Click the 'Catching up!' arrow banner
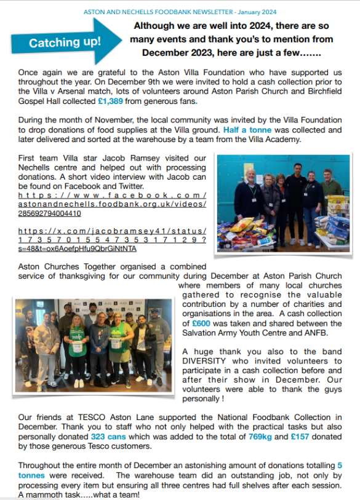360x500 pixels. tap(65, 42)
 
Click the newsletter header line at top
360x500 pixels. tap(180, 12)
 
